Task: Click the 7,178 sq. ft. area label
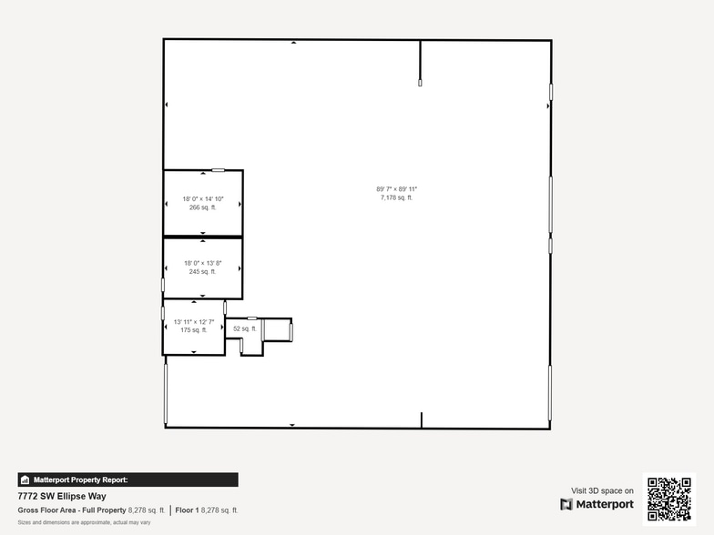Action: coord(396,197)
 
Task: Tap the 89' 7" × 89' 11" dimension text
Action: coord(396,189)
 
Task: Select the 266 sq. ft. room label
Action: coord(202,207)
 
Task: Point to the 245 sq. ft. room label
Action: coord(202,271)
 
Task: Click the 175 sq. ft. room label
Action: coord(194,330)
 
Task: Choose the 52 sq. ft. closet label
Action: coord(244,328)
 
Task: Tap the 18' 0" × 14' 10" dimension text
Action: coord(202,199)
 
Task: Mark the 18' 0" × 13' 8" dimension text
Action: coord(202,263)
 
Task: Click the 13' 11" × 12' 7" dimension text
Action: coord(194,322)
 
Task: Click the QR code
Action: coord(669,499)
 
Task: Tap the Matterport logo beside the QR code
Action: coord(597,504)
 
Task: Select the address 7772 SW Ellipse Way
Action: coord(62,496)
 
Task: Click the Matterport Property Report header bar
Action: coord(127,479)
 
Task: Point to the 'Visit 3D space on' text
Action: coord(602,490)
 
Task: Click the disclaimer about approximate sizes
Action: coord(84,522)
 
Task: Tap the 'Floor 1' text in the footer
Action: coord(187,510)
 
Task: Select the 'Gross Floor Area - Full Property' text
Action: coord(72,510)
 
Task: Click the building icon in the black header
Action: coord(25,479)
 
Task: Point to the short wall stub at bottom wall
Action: coord(422,419)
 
